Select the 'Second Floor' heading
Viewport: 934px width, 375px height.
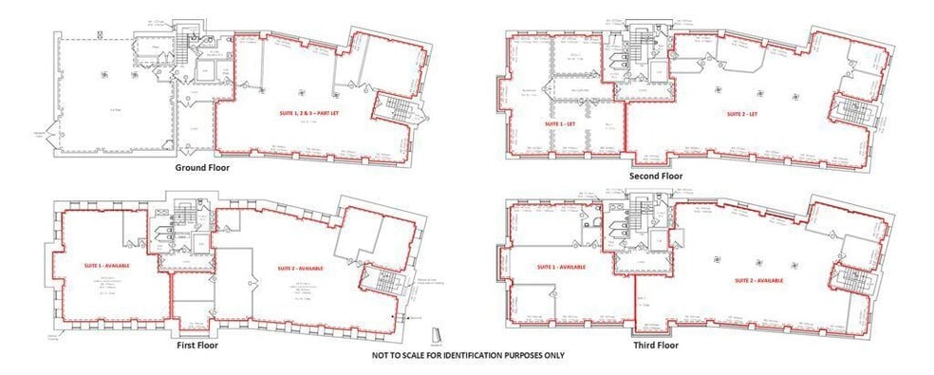click(x=656, y=176)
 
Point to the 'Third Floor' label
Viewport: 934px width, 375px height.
click(x=656, y=346)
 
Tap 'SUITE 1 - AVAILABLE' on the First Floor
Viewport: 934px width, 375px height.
click(x=106, y=266)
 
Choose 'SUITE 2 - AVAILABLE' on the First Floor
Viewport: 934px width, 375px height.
click(x=300, y=269)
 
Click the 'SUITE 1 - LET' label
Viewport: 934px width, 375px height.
click(x=558, y=124)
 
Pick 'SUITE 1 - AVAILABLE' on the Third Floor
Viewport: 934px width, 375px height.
click(x=560, y=267)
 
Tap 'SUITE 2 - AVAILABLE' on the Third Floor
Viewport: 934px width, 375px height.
click(x=757, y=281)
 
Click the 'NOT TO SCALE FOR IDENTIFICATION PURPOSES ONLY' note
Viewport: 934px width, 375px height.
click(x=468, y=355)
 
